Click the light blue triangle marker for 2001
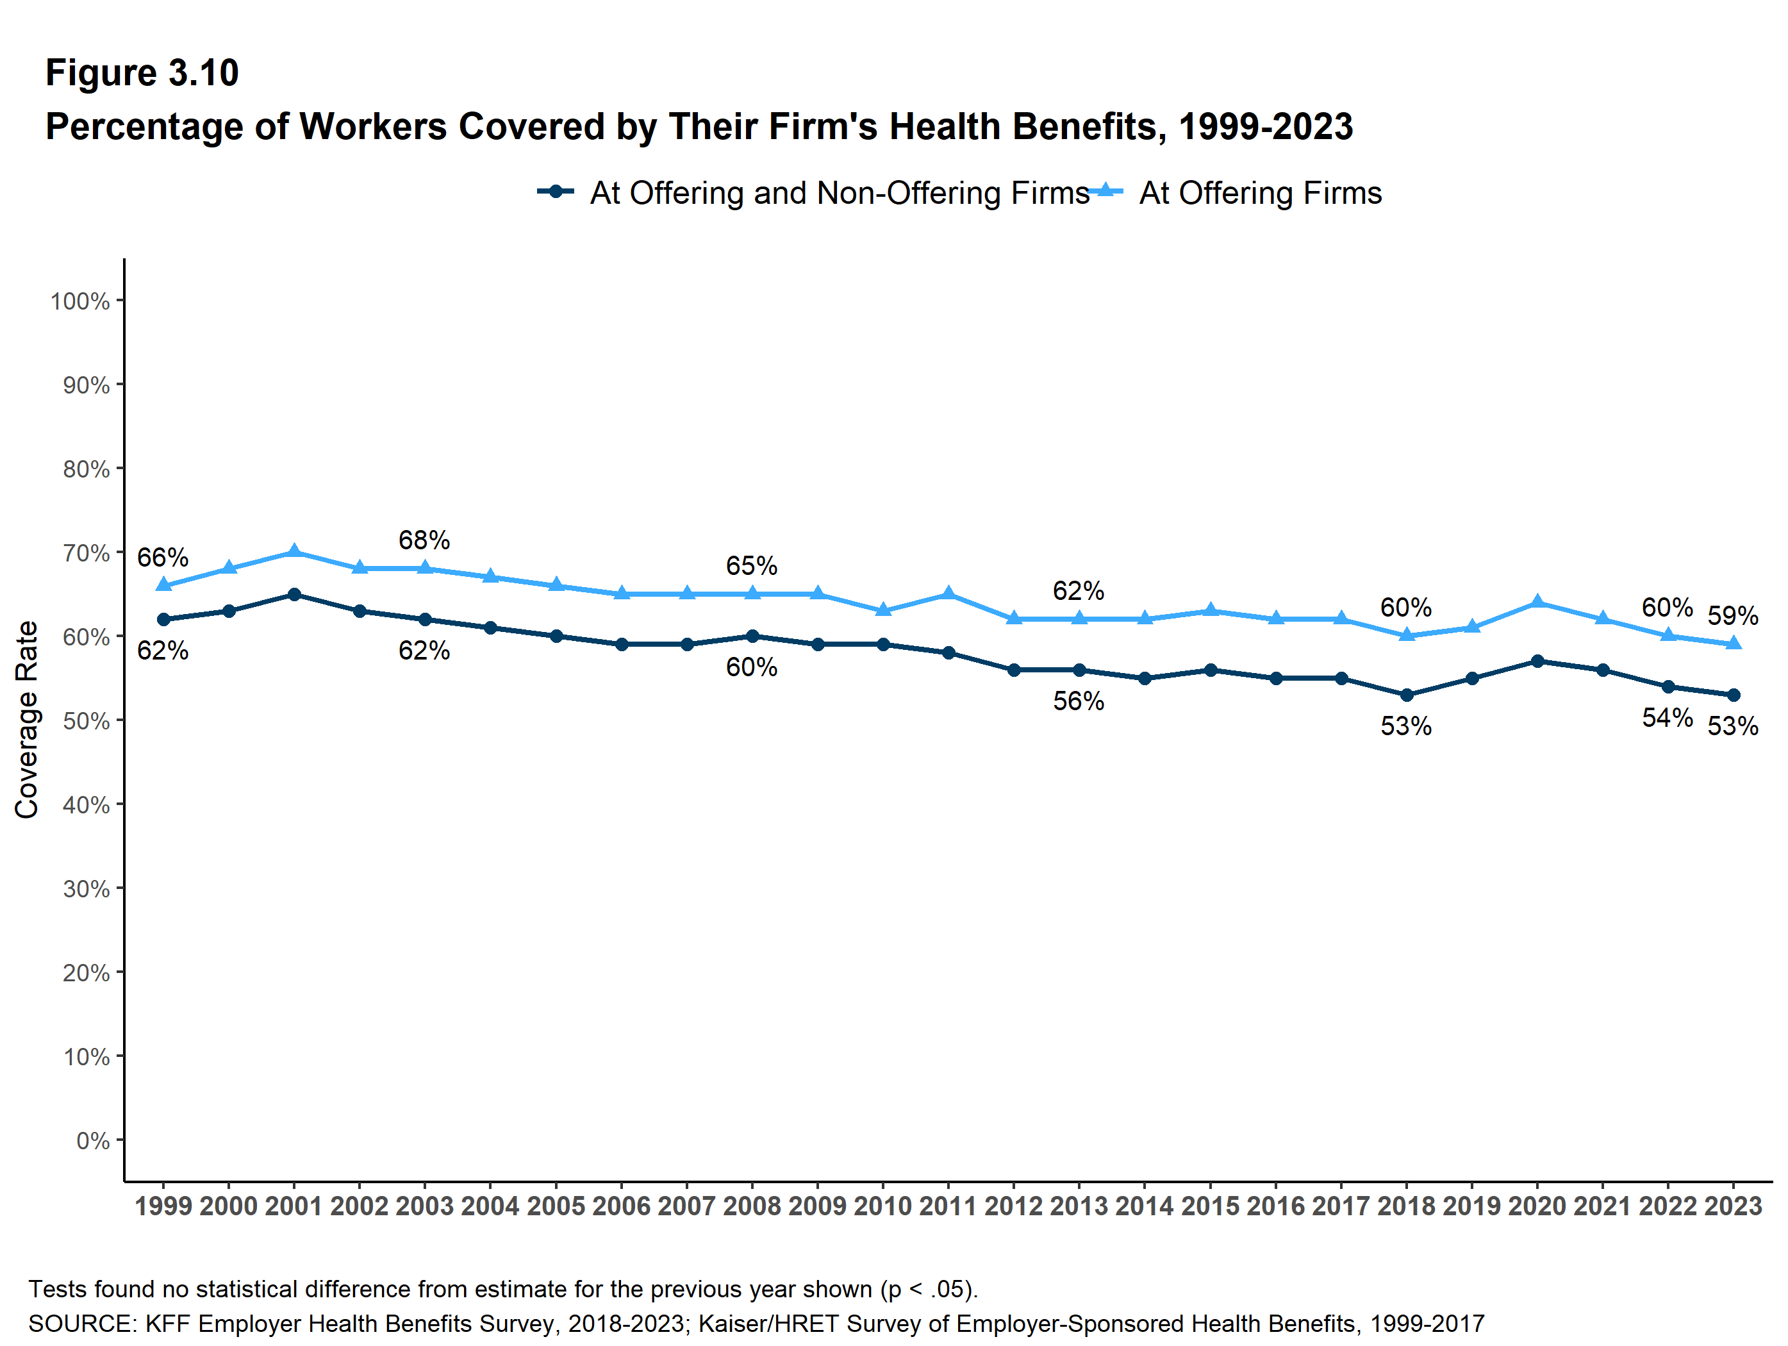pyautogui.click(x=294, y=551)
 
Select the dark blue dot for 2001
pyautogui.click(x=294, y=594)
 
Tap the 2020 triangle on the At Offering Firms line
pyautogui.click(x=1537, y=601)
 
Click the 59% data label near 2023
pyautogui.click(x=1732, y=616)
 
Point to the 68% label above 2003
pyautogui.click(x=424, y=540)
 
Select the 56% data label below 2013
pyautogui.click(x=1079, y=701)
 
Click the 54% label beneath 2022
pyautogui.click(x=1667, y=718)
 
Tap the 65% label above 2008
pyautogui.click(x=752, y=566)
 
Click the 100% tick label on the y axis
pyautogui.click(x=80, y=301)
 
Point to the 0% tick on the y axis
pyautogui.click(x=93, y=1141)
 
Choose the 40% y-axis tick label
pyautogui.click(x=87, y=805)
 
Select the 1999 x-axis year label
pyautogui.click(x=163, y=1206)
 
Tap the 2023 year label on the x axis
pyautogui.click(x=1733, y=1206)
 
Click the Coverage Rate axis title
pyautogui.click(x=27, y=720)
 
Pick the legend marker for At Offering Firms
pyautogui.click(x=1105, y=192)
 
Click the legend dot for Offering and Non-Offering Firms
pyautogui.click(x=556, y=192)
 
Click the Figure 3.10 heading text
pyautogui.click(x=142, y=73)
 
